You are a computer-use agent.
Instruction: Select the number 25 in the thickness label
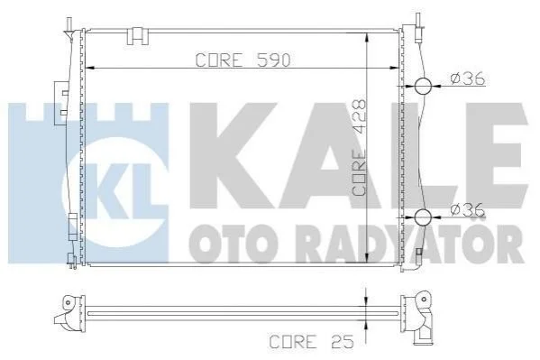click(342, 342)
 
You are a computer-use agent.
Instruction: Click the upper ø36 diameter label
click(468, 78)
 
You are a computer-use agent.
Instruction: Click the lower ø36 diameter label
click(468, 209)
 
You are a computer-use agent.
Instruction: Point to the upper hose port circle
click(423, 86)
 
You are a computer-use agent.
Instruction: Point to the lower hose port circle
click(423, 217)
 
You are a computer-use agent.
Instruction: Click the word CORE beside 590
click(219, 60)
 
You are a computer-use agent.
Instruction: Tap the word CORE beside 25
click(293, 342)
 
